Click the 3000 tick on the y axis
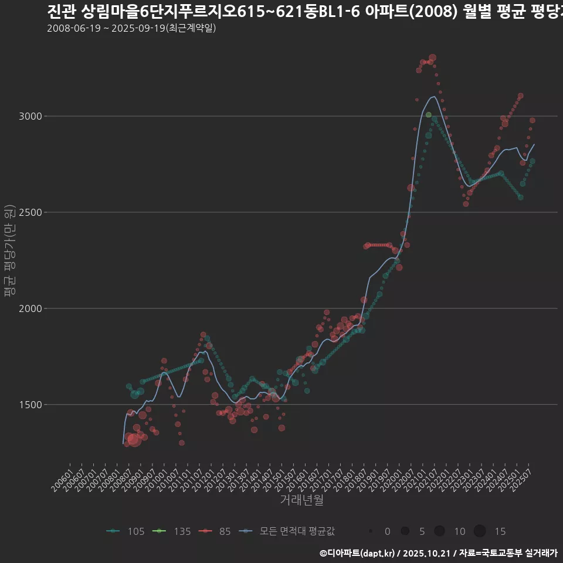click(30, 116)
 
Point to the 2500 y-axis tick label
click(30, 212)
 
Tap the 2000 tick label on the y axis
click(30, 308)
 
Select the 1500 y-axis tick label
click(30, 405)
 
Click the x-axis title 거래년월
click(301, 500)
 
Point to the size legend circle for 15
click(480, 531)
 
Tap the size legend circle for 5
click(405, 531)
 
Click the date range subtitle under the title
click(131, 28)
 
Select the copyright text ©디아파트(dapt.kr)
click(357, 552)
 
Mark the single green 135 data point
click(429, 115)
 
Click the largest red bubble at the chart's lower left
click(134, 439)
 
